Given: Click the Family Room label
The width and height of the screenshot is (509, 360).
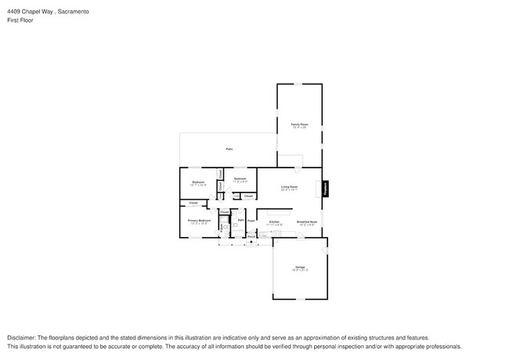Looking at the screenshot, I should click(299, 124).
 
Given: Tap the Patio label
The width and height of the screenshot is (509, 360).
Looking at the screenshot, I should click(229, 149).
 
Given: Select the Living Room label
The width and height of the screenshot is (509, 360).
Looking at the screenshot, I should click(289, 186).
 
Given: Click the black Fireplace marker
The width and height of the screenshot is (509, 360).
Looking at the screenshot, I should click(327, 189).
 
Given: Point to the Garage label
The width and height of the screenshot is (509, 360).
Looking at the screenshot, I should click(299, 268).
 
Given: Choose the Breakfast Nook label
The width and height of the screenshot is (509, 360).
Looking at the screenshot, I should click(306, 222).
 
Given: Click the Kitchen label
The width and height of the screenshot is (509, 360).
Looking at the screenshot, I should click(274, 222).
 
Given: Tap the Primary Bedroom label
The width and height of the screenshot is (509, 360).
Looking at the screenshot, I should click(199, 221).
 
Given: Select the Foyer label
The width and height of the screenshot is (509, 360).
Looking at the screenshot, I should click(251, 221).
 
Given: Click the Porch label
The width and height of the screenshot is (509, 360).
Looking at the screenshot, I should click(251, 236).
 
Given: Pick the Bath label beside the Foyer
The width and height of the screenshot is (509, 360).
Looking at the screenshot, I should click(241, 221).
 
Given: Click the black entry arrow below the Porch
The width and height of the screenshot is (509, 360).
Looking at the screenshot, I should click(251, 242).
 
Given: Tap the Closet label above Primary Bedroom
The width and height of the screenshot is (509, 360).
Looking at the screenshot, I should click(193, 203).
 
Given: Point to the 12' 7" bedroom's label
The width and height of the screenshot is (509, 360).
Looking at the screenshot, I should click(198, 182).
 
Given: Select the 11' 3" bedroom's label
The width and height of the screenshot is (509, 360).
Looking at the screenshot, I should click(240, 179).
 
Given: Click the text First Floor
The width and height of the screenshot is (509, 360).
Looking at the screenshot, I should click(22, 20).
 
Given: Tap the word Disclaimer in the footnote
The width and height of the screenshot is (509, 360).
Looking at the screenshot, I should click(23, 338).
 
